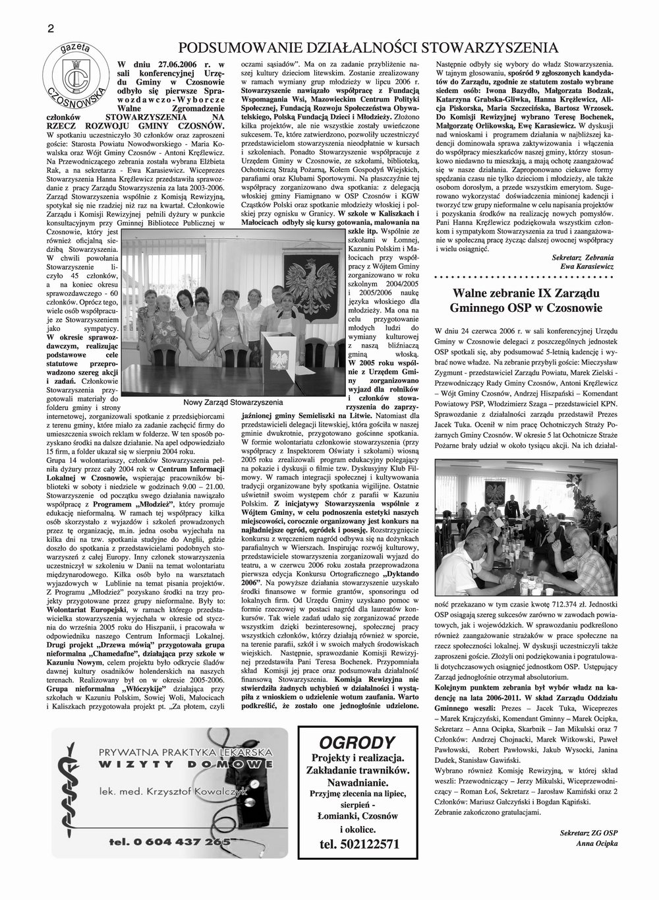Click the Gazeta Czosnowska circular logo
pyautogui.click(x=75, y=76)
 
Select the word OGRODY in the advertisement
pyautogui.click(x=358, y=740)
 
